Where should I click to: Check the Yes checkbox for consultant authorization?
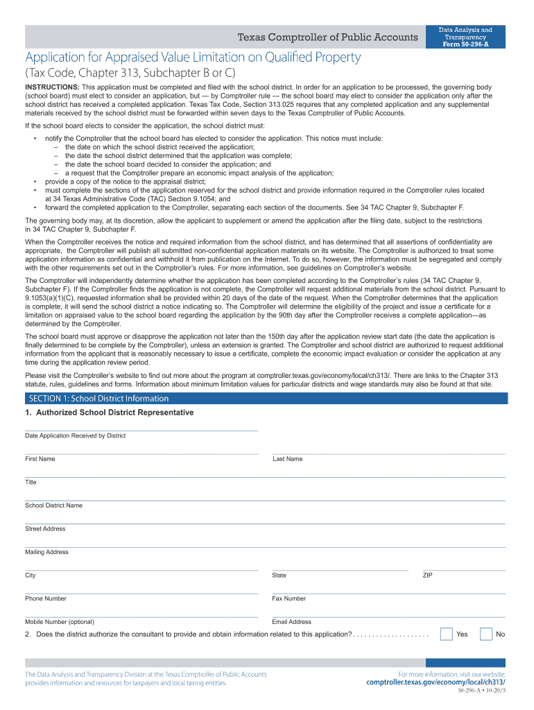pyautogui.click(x=447, y=634)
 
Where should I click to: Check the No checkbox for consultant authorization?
pyautogui.click(x=486, y=634)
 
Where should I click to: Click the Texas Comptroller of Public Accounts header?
pyautogui.click(x=328, y=37)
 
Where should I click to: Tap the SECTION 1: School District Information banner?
pyautogui.click(x=98, y=399)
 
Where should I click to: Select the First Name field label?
pyautogui.click(x=40, y=459)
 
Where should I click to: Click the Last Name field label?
pyautogui.click(x=288, y=459)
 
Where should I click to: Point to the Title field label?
pyautogui.click(x=31, y=482)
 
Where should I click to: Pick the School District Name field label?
pyautogui.click(x=53, y=505)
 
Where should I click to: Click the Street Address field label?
pyautogui.click(x=46, y=529)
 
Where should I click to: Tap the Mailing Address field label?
pyautogui.click(x=47, y=553)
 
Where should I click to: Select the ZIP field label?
pyautogui.click(x=428, y=575)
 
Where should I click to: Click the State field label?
pyautogui.click(x=279, y=575)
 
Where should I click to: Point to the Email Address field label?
pyautogui.click(x=292, y=622)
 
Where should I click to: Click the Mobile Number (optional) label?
pyautogui.click(x=60, y=622)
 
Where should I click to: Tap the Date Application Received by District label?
pyautogui.click(x=76, y=435)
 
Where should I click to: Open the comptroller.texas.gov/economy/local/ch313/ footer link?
pyautogui.click(x=436, y=682)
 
